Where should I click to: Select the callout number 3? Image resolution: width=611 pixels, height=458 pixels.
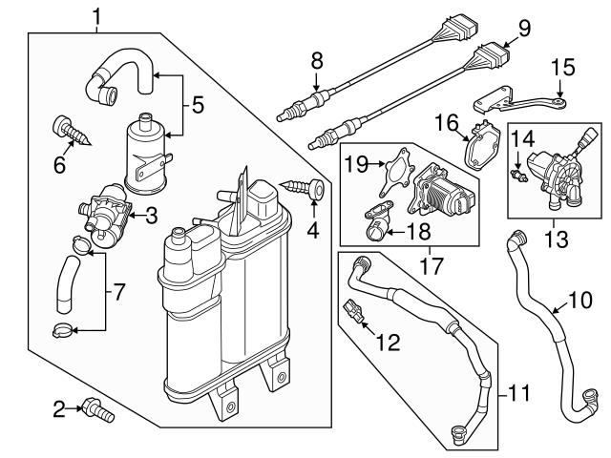(x=151, y=216)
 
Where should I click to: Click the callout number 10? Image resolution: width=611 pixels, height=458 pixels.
(x=579, y=301)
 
